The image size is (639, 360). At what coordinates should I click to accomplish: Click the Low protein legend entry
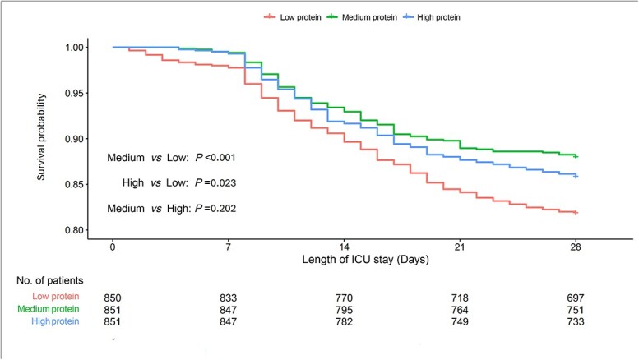pyautogui.click(x=292, y=17)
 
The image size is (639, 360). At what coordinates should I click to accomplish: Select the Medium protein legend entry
pyautogui.click(x=362, y=17)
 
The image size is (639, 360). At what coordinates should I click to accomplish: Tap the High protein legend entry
pyautogui.click(x=432, y=17)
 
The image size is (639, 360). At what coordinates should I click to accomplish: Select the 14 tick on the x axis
pyautogui.click(x=344, y=247)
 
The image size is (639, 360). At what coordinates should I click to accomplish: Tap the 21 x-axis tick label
pyautogui.click(x=460, y=247)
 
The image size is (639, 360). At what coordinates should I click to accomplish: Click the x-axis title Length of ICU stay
pyautogui.click(x=365, y=260)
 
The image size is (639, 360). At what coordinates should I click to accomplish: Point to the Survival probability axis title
pyautogui.click(x=41, y=136)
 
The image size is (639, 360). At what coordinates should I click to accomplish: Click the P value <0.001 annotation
pyautogui.click(x=215, y=158)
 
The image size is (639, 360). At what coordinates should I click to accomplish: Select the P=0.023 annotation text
pyautogui.click(x=215, y=182)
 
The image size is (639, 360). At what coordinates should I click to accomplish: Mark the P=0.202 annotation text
pyautogui.click(x=215, y=209)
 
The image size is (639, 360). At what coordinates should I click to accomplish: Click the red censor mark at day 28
pyautogui.click(x=576, y=213)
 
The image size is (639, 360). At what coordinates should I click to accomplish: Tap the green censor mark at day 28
pyautogui.click(x=576, y=157)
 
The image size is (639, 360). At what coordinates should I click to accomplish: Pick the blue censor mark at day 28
pyautogui.click(x=576, y=177)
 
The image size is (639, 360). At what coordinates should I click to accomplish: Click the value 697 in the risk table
pyautogui.click(x=576, y=298)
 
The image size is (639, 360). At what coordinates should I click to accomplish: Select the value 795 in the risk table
pyautogui.click(x=344, y=310)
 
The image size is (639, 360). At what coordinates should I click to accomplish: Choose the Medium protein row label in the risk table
pyautogui.click(x=48, y=309)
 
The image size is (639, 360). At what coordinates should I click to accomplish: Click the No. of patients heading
pyautogui.click(x=49, y=280)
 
